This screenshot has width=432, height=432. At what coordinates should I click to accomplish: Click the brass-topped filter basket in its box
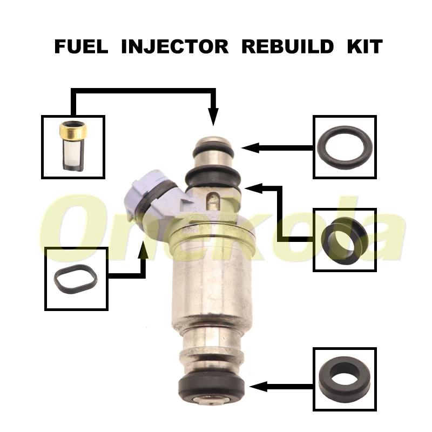pos(73,146)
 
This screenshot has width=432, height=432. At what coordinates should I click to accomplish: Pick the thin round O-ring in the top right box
pos(345,146)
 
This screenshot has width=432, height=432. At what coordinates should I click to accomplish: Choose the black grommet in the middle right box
pos(345,239)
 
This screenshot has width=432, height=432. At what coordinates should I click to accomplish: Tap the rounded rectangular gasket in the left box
pos(76,279)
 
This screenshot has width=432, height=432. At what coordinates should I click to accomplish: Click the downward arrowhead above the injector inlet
pos(213,117)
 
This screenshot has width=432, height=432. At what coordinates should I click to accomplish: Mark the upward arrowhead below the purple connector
pos(144,249)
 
